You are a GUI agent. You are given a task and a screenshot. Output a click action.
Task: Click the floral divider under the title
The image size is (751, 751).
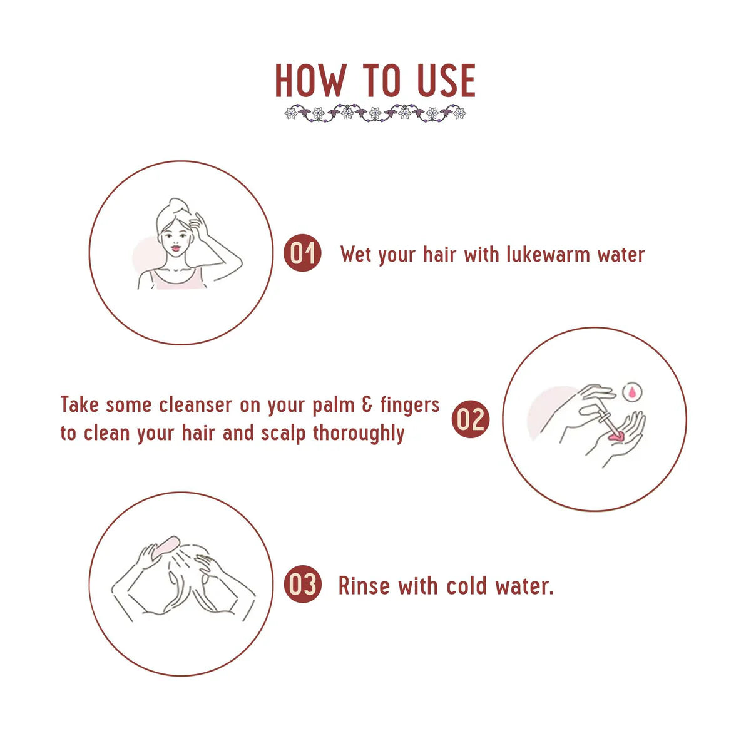coord(375,113)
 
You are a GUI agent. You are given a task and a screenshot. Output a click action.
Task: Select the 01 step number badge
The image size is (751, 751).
coord(302,253)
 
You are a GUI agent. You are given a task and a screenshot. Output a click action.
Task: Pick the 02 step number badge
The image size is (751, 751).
coord(471,419)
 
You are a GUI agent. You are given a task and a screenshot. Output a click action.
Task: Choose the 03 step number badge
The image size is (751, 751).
coord(302,584)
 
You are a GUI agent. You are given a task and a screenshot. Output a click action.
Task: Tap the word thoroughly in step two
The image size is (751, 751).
coord(358,434)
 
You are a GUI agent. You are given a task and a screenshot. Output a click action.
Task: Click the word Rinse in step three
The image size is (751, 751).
coord(364,586)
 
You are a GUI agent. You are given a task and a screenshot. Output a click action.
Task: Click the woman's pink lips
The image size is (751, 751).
coord(176,248)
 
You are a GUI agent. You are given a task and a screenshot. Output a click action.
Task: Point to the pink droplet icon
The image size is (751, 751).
coord(631,392)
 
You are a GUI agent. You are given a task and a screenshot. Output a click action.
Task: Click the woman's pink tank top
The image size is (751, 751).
coord(177,278)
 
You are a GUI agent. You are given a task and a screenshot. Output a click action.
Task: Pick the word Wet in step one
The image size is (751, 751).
coord(355,254)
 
